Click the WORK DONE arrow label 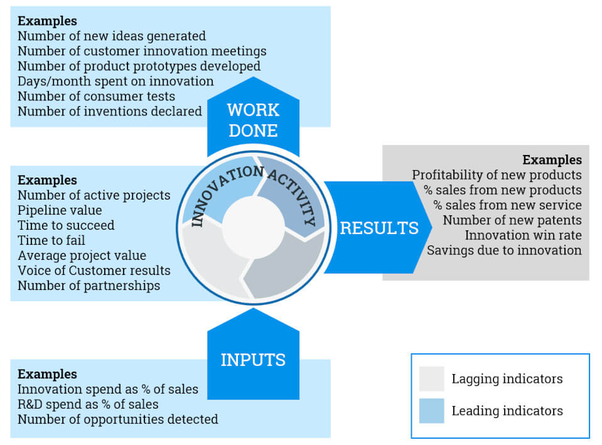tap(252, 120)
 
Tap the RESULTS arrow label tap(379, 228)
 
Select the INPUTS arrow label tap(253, 360)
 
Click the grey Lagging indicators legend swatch tap(432, 379)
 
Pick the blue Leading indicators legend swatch tap(432, 411)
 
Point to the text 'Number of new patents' tap(512, 220)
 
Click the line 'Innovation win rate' tap(523, 235)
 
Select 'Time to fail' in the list tap(51, 240)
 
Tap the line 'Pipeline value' tap(60, 210)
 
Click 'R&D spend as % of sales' tap(88, 404)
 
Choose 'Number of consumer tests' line tap(96, 97)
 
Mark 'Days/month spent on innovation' tap(116, 82)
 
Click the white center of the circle tap(253, 227)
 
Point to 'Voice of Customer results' tap(94, 271)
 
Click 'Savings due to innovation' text tap(504, 250)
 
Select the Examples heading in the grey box tap(552, 160)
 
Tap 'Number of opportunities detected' tap(118, 419)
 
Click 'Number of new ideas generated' tap(112, 36)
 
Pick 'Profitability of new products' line tap(497, 175)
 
